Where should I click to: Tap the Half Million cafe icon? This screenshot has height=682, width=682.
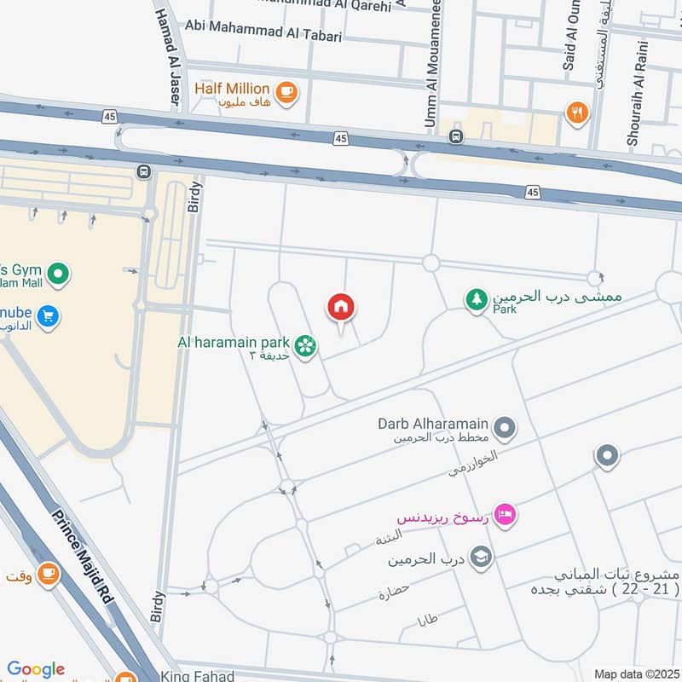click(286, 90)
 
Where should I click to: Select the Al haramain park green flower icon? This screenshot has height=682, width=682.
click(304, 345)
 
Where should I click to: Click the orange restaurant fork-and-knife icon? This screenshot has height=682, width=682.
click(577, 112)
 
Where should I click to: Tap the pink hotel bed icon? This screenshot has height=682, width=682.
click(506, 515)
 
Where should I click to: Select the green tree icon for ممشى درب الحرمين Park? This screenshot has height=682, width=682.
click(476, 299)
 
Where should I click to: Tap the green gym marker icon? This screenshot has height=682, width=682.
click(57, 275)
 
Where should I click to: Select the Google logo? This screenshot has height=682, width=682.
click(36, 669)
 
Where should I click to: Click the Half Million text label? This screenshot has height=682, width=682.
click(231, 89)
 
